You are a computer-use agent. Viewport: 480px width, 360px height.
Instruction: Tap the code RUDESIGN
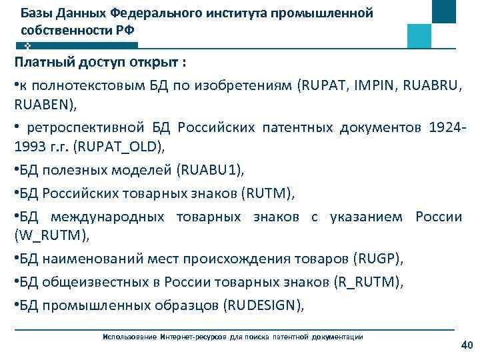(x=264, y=306)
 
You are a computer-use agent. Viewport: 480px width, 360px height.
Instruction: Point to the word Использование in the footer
(x=129, y=337)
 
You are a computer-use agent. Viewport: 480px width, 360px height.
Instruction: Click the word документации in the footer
(x=338, y=337)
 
